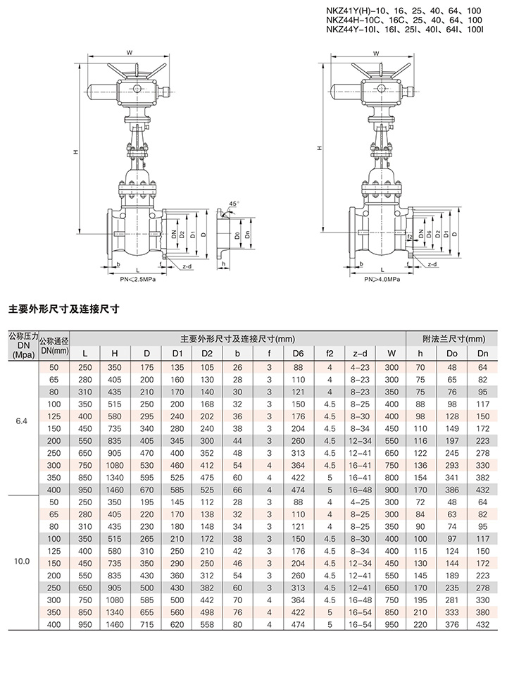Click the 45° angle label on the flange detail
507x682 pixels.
233,204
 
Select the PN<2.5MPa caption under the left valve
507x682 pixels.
138,279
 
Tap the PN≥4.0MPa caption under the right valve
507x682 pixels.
382,279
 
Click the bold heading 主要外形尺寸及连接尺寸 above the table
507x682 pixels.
64,309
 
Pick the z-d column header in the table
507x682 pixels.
360,354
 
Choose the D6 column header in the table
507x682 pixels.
299,354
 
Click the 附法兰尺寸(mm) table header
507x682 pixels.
453,339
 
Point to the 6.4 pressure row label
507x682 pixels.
21,421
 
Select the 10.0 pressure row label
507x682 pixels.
21,561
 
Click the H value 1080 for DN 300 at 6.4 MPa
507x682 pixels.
115,466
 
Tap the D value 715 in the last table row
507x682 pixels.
146,625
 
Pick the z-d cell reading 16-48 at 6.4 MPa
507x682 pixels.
360,490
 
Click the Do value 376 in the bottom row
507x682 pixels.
452,625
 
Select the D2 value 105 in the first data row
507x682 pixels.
207,368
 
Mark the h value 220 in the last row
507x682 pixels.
420,625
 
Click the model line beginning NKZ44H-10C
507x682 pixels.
404,20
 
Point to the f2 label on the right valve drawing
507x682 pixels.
409,237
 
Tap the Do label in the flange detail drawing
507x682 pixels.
237,235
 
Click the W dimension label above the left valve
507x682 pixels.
129,53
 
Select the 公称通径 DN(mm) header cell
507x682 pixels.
54,346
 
